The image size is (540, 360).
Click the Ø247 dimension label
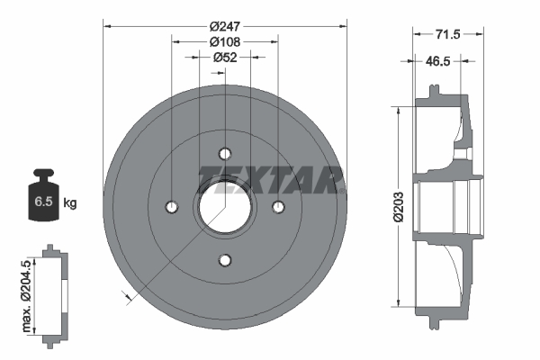223,25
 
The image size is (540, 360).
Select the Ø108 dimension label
223,41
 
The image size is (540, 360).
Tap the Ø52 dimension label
223,58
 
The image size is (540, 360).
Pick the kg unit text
70,203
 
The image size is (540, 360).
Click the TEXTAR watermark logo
271,178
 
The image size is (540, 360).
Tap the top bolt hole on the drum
225,153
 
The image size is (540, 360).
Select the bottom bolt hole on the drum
225,261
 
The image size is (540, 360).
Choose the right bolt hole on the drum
278,207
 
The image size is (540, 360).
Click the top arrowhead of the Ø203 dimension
397,109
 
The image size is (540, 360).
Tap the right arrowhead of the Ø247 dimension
343,25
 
